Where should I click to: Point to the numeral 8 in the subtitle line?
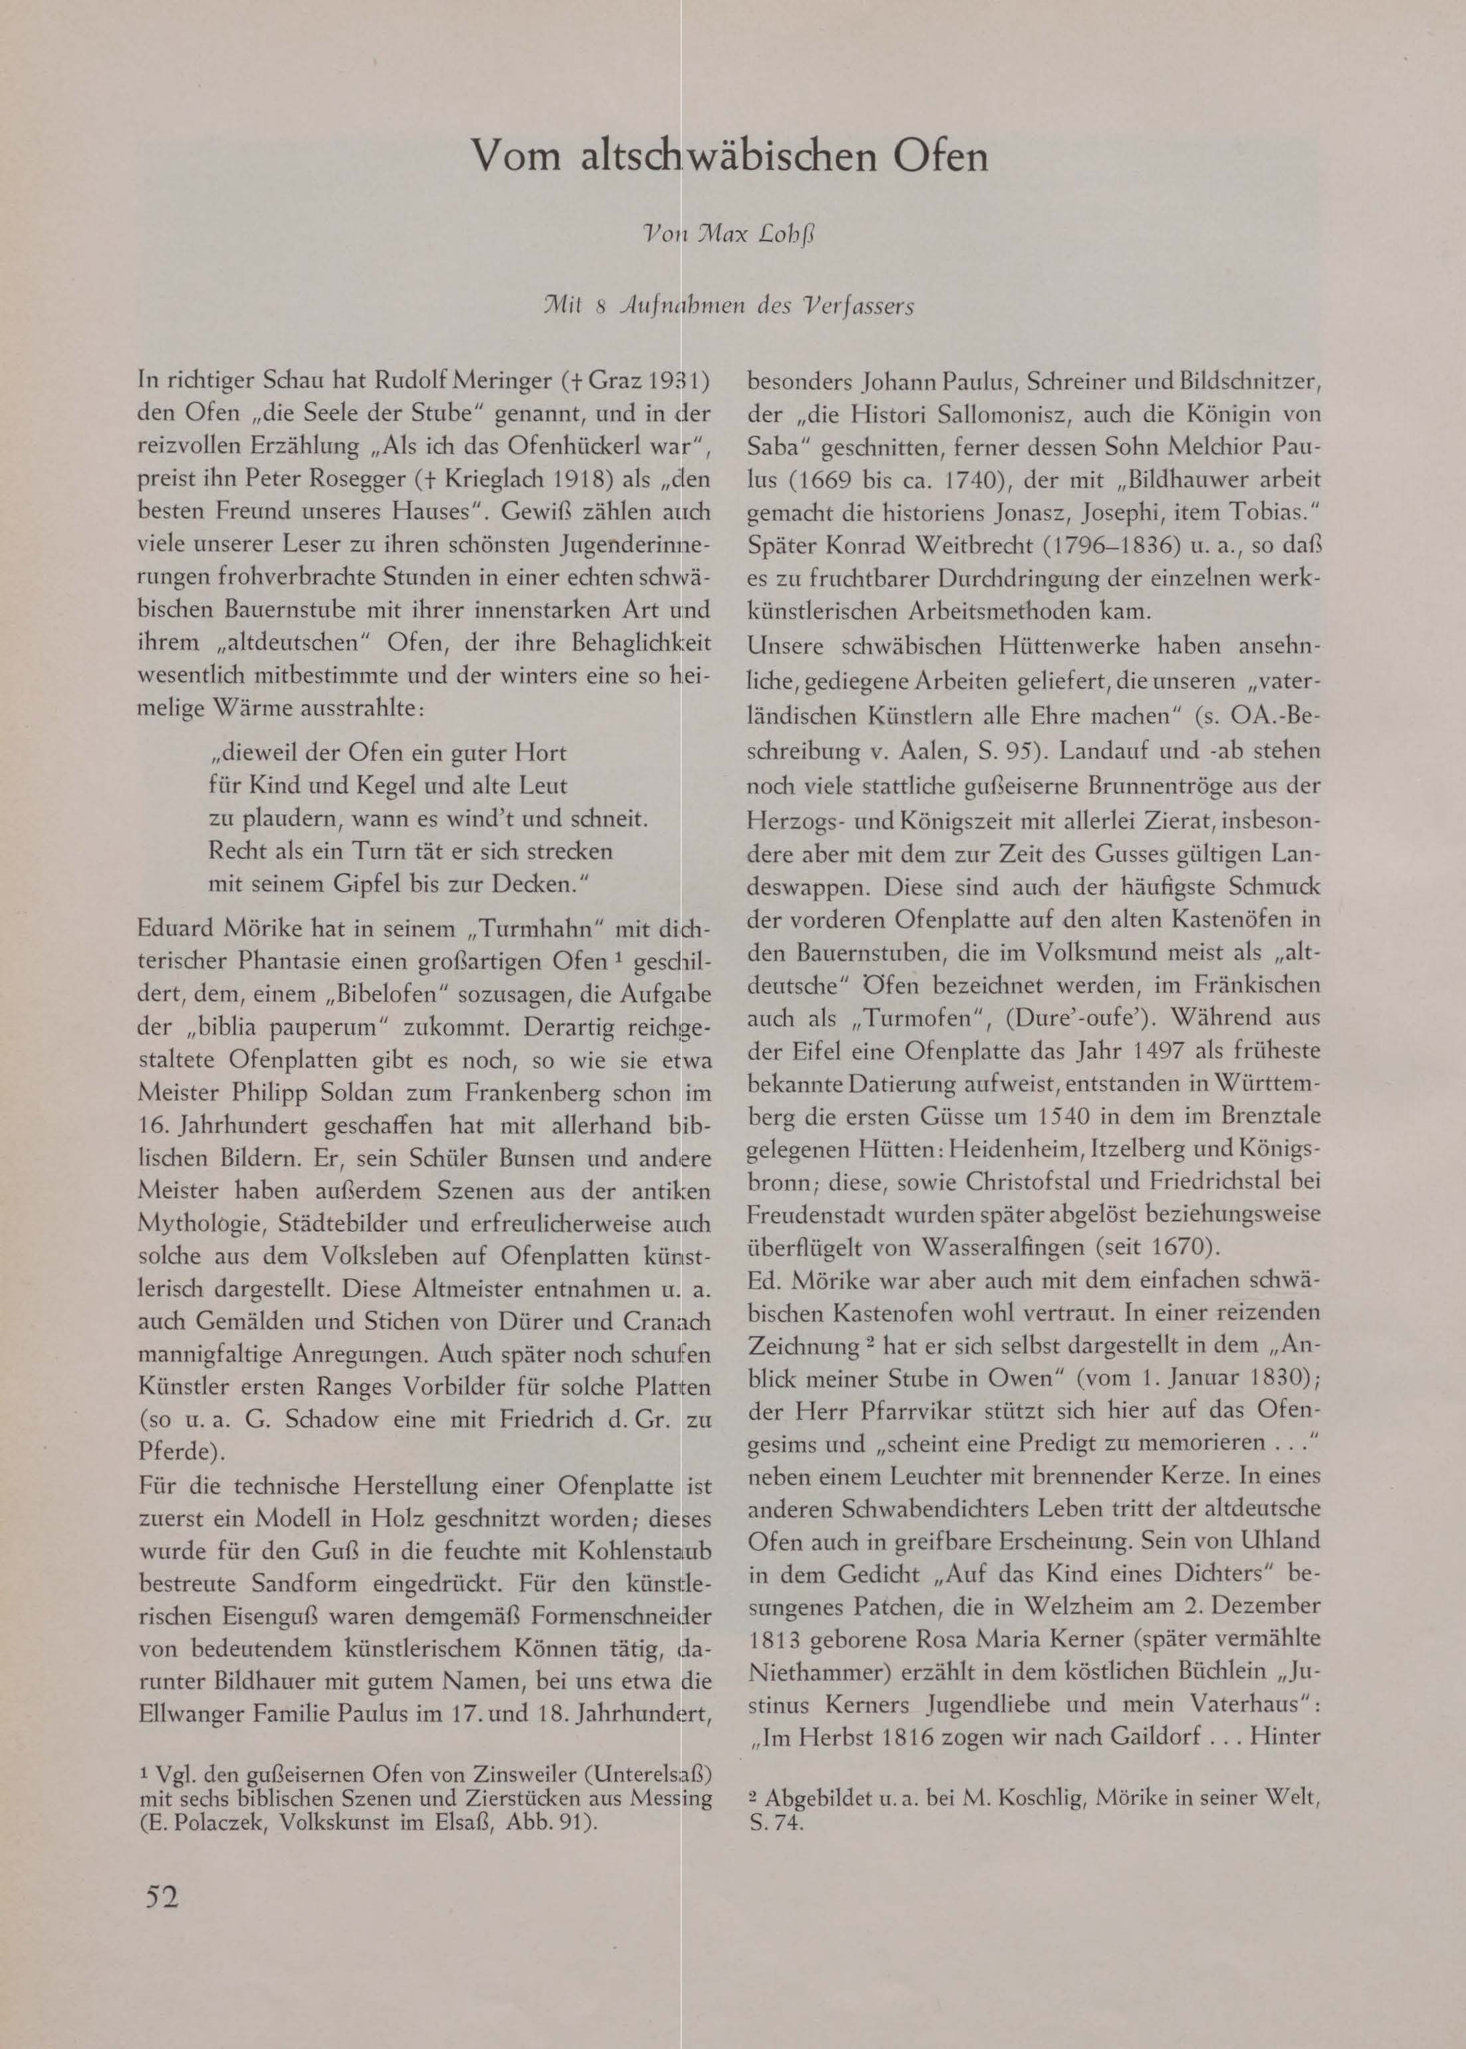(600, 307)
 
